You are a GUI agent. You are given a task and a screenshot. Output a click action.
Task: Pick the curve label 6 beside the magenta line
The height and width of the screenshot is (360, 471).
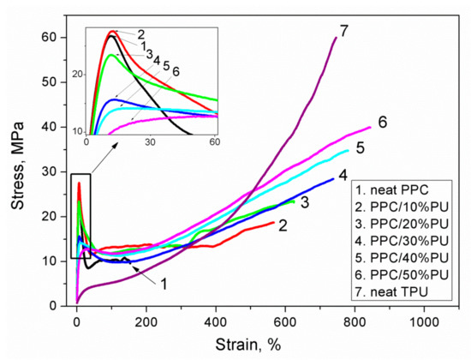[382, 122]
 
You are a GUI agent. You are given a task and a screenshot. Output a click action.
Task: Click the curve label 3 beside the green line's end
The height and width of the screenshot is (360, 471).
[303, 201]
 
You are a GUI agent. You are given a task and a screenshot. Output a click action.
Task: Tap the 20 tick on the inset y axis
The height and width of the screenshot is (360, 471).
[78, 74]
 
